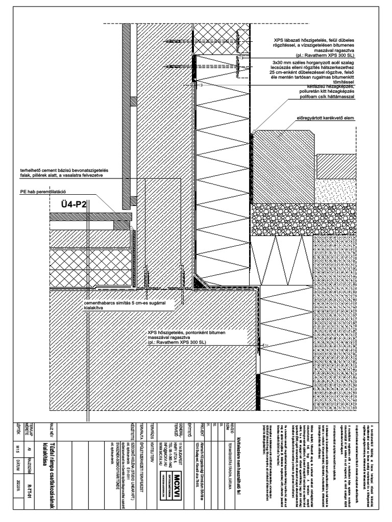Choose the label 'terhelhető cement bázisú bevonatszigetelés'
coord(68,170)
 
